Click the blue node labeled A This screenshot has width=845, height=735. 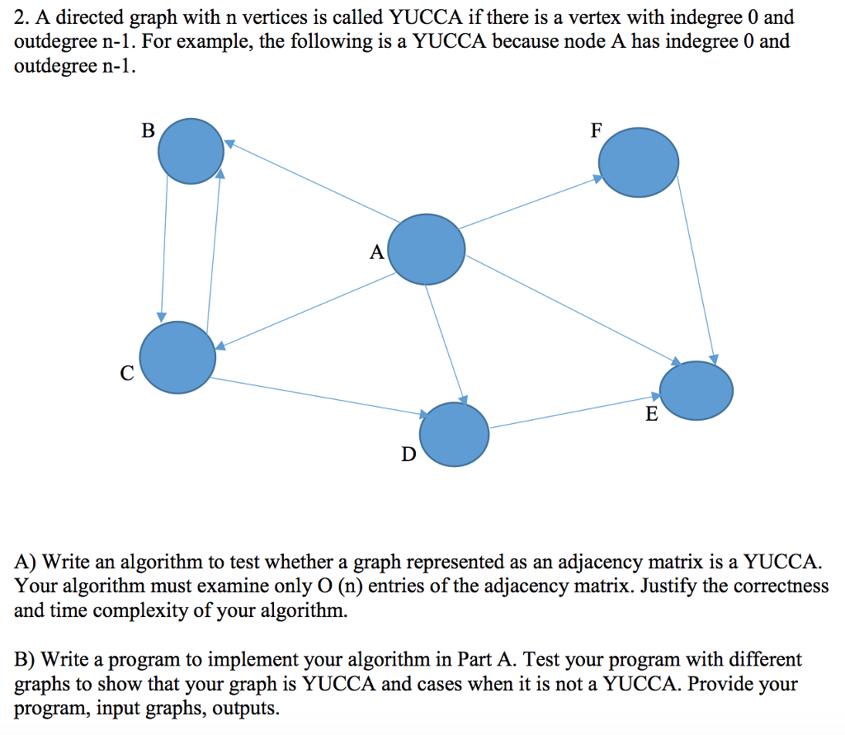click(x=426, y=249)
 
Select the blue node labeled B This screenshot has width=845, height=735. click(x=191, y=151)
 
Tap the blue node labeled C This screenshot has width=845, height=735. click(x=177, y=356)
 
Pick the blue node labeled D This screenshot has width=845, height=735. click(x=454, y=434)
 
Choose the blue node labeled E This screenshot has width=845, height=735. click(x=696, y=390)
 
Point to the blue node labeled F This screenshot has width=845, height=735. click(x=638, y=162)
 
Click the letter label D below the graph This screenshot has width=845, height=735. click(x=408, y=455)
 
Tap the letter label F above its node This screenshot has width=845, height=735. click(x=597, y=130)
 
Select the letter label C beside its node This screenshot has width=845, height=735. click(x=125, y=374)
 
